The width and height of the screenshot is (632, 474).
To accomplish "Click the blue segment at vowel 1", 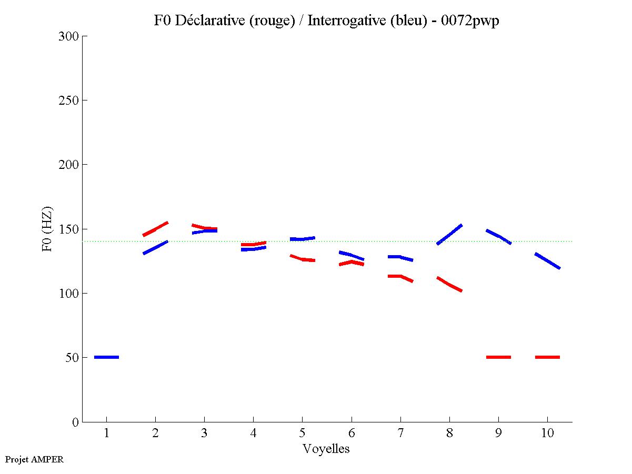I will coord(106,357).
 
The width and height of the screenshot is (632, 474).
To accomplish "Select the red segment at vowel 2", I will coord(155,229).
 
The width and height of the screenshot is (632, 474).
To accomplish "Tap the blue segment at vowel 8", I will coord(449,235).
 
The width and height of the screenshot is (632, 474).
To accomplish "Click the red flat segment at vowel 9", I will coord(498,357).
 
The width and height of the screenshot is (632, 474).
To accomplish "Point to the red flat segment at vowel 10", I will coord(547,357).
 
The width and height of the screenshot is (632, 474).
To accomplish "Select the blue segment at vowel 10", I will coord(547,261).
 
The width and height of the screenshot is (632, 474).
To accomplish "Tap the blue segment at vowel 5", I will coord(302,239).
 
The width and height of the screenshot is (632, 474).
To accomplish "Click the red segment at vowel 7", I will coord(400,277).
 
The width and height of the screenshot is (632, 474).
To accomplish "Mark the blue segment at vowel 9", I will coord(498,236).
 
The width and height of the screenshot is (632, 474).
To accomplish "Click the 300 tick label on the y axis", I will coord(69,36).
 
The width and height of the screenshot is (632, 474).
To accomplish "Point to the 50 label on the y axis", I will coord(72,358).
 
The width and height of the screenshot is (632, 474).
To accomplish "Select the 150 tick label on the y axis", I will coord(69,229).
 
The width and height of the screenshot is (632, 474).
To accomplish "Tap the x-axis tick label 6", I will coord(351,435).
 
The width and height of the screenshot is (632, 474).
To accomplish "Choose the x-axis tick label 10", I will coord(547,435).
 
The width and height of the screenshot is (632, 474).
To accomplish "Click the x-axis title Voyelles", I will coord(326,449).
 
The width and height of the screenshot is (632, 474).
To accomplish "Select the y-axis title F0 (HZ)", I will coord(47,229).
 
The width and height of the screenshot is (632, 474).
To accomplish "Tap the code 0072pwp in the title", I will coord(470,21).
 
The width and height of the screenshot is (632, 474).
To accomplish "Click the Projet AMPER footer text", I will coord(34,459).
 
